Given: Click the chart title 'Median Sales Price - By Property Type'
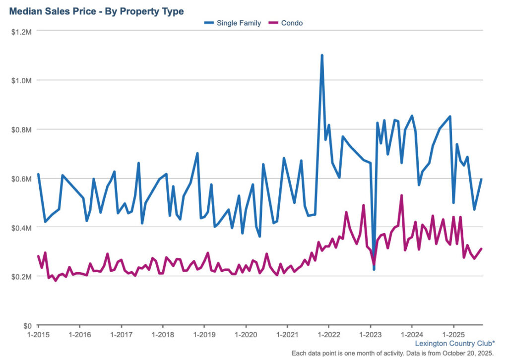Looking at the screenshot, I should (96, 11).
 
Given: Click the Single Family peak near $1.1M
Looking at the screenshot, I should (322, 56).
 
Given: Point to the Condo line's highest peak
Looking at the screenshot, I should (401, 196).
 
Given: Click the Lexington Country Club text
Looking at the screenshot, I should (454, 343).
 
